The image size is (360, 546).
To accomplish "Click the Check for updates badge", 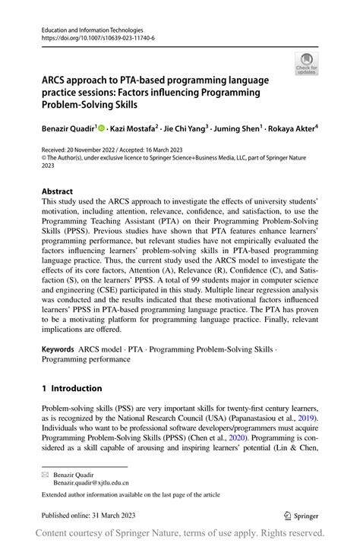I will (x=306, y=64).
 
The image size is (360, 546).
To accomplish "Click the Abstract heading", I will (x=58, y=191).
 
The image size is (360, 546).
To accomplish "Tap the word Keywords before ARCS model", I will (x=58, y=350).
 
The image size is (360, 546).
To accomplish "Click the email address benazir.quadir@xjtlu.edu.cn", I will (x=91, y=482).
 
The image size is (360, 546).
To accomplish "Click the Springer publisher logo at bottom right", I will (x=302, y=515).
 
